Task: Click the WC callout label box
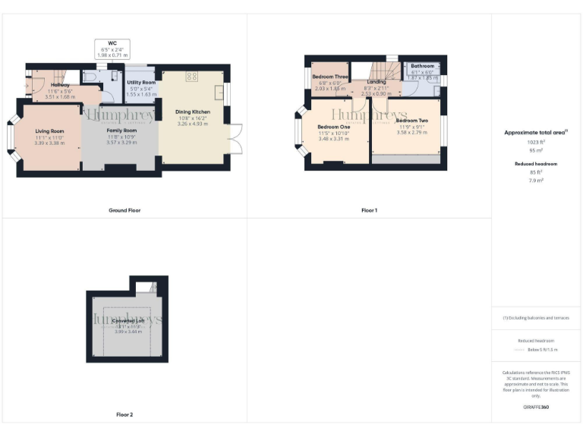pos(112,49)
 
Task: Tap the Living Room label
pos(49,131)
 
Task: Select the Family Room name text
pos(121,130)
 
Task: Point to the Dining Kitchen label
pos(193,112)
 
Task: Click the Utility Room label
pos(141,82)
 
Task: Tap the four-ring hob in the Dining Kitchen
pos(191,76)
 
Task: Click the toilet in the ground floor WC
pos(90,78)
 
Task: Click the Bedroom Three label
pos(329,77)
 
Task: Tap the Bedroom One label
pos(333,126)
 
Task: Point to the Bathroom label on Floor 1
pos(422,66)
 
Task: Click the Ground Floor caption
pos(124,210)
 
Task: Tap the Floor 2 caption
pos(124,415)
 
